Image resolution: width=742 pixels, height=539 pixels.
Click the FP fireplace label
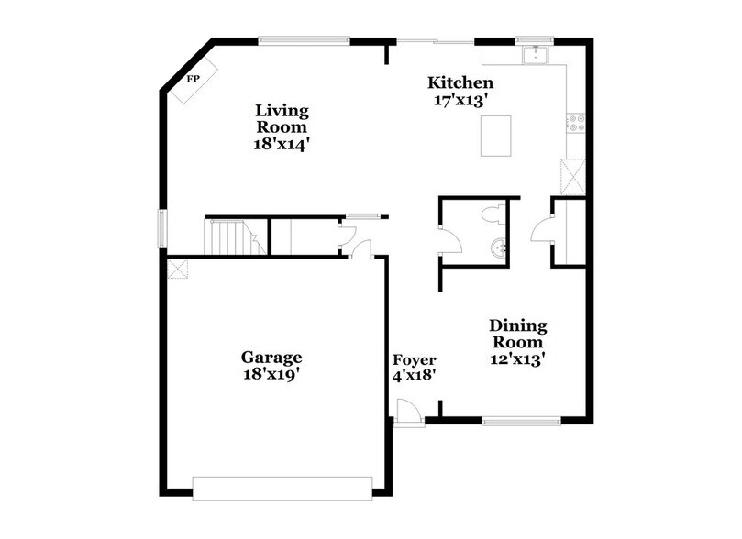194,80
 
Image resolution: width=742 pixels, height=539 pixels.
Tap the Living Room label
282,119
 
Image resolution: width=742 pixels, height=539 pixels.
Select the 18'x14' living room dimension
282,144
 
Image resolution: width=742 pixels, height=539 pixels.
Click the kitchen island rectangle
494,136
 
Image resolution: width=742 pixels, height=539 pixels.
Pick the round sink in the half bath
498,247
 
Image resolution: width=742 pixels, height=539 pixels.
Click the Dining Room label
517,334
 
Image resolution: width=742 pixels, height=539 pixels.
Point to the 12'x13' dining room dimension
517,360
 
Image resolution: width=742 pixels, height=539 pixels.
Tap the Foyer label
414,359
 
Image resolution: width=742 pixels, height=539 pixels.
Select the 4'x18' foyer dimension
414,375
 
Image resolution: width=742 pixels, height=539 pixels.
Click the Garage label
271,357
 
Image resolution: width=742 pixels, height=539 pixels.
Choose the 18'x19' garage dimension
271,374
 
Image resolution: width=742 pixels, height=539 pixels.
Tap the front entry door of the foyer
409,414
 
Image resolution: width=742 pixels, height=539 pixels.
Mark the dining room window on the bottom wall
521,422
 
